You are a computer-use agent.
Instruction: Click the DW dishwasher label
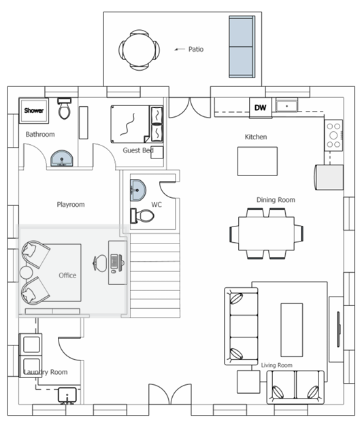click(x=260, y=107)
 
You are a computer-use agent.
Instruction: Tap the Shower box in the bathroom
click(x=34, y=110)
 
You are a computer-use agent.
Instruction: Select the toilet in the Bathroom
click(x=65, y=108)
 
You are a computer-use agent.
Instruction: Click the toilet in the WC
click(x=142, y=216)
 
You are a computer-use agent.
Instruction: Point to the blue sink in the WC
click(x=138, y=190)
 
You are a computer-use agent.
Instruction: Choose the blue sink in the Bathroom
click(x=62, y=158)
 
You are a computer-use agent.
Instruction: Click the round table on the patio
click(x=139, y=50)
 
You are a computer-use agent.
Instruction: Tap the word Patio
click(x=196, y=49)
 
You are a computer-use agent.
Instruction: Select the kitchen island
click(x=257, y=161)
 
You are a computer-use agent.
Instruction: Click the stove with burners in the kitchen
click(x=333, y=135)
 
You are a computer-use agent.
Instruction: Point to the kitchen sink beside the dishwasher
click(x=287, y=105)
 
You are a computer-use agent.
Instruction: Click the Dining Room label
click(x=276, y=200)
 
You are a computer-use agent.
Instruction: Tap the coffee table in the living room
click(x=292, y=330)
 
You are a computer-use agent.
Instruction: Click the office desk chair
click(x=100, y=263)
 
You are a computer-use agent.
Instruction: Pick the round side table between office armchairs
click(x=26, y=272)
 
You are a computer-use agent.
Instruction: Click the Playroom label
click(x=71, y=205)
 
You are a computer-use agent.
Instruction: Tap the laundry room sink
click(x=67, y=395)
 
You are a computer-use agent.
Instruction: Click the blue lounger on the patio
click(x=242, y=47)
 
